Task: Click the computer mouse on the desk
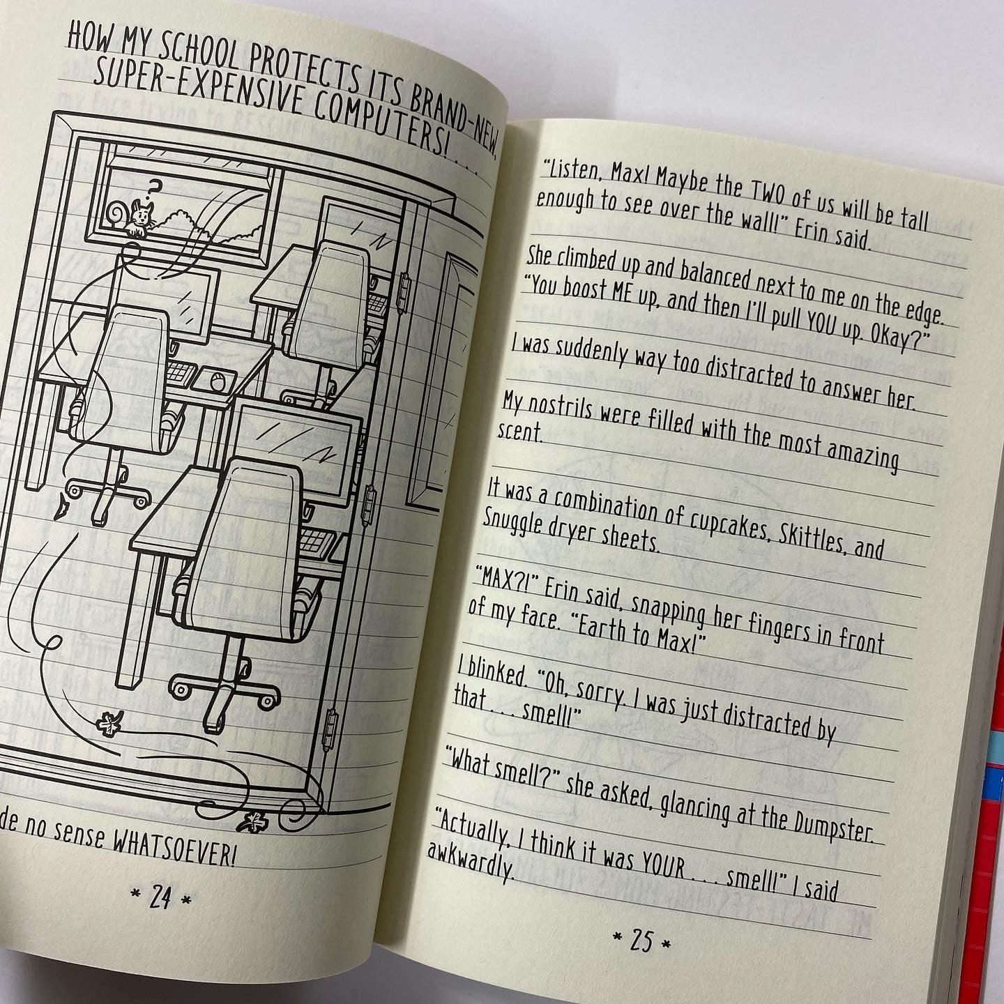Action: point(217,380)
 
